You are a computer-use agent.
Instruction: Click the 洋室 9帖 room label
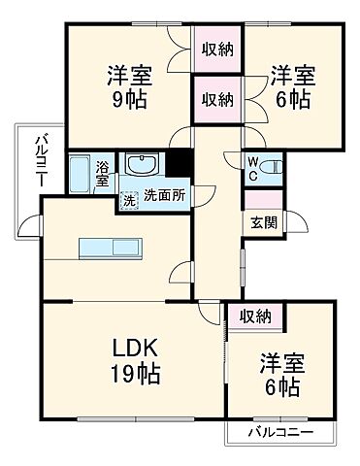click(x=128, y=85)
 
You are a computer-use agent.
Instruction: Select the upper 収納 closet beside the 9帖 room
click(x=216, y=49)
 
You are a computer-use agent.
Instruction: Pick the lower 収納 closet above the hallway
click(x=216, y=98)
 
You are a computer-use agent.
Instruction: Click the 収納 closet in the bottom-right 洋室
click(x=255, y=316)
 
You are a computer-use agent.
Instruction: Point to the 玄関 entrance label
click(x=263, y=221)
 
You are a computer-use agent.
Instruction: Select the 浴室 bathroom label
click(x=104, y=174)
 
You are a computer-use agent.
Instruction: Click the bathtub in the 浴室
click(x=80, y=175)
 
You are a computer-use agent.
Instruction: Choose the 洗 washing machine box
click(x=128, y=201)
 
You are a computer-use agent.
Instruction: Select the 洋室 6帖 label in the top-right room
click(x=291, y=85)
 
